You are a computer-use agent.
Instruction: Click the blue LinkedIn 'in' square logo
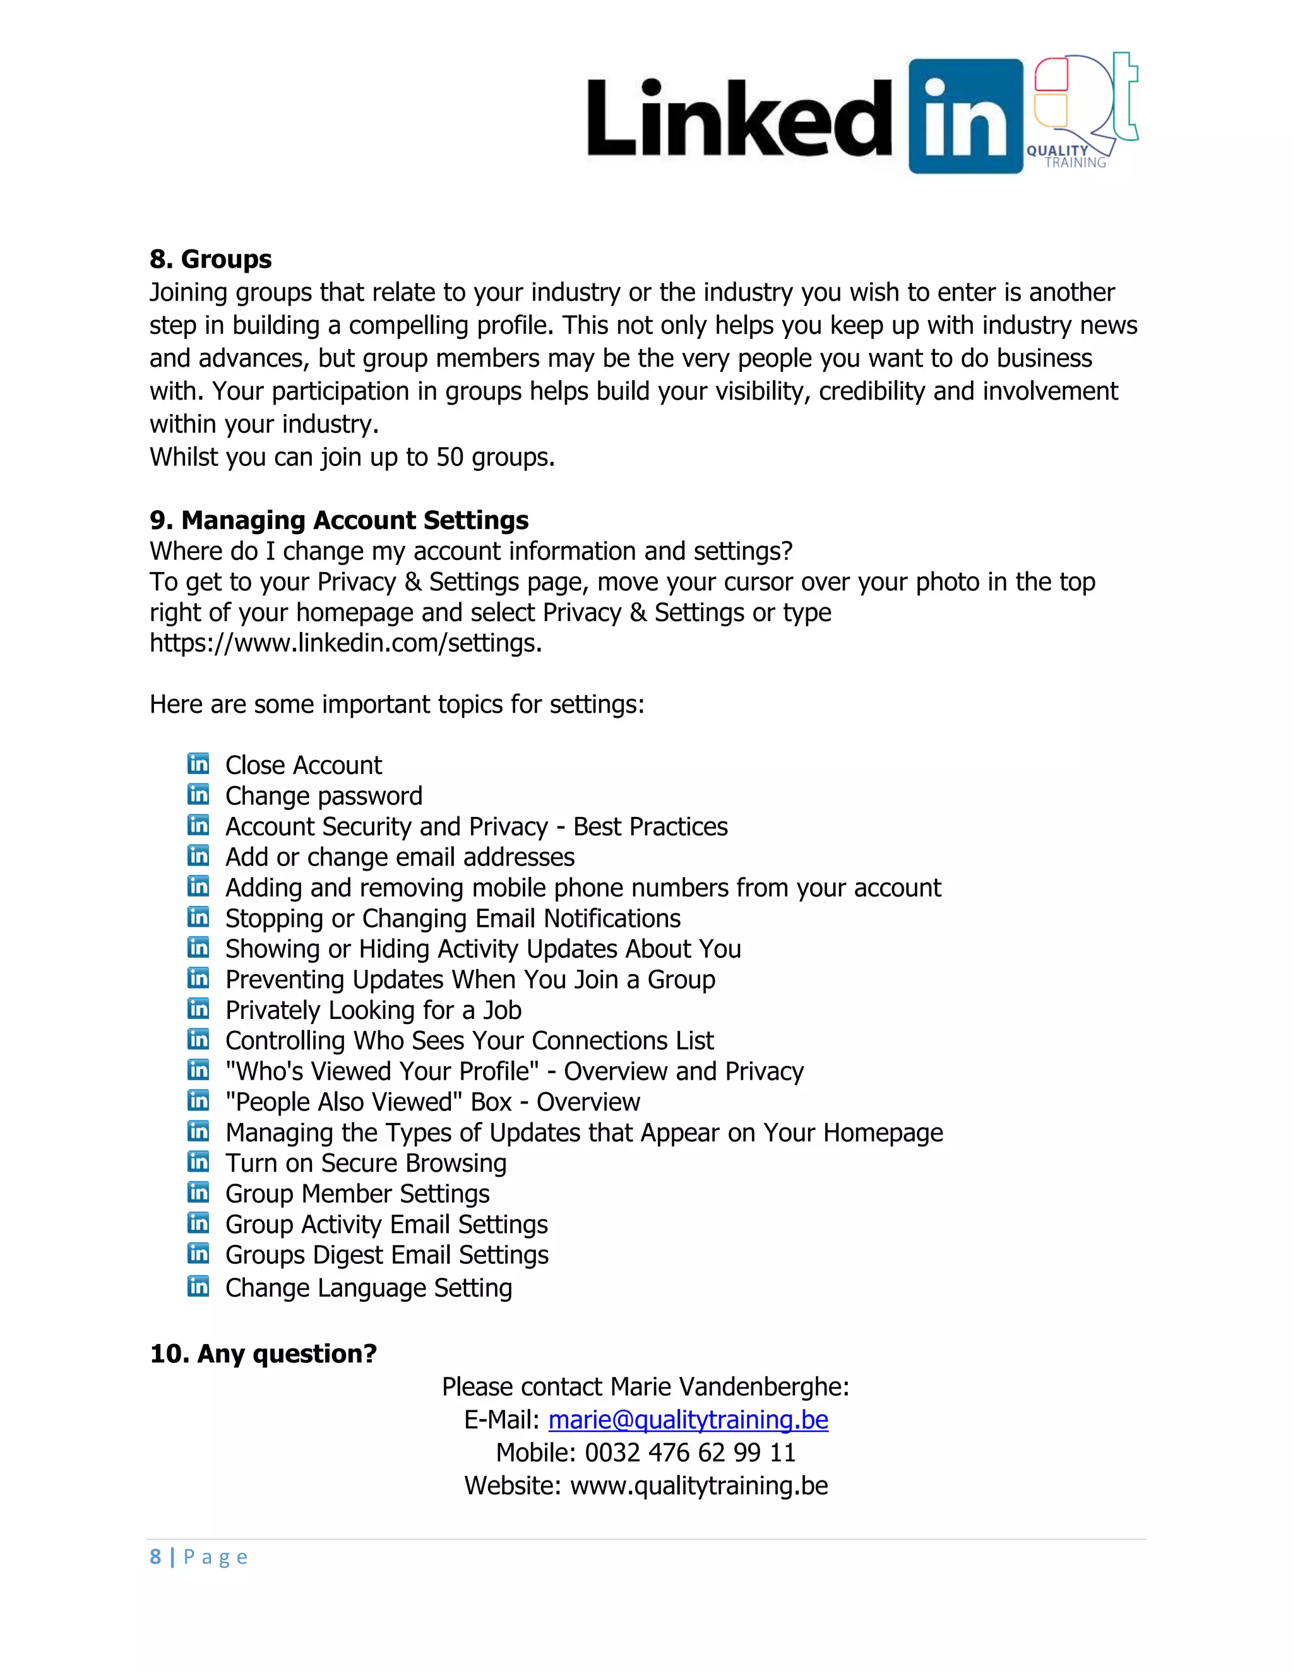coord(965,116)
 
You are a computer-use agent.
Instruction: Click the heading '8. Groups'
coord(211,259)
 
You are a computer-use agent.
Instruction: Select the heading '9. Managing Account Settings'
coord(338,520)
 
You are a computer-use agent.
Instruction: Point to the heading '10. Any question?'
coord(263,1354)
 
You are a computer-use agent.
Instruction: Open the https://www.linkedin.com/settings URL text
coord(345,643)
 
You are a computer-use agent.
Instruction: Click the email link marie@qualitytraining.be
coord(688,1419)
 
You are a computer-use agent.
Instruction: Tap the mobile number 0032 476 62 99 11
coord(690,1453)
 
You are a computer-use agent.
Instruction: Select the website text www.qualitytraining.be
coord(699,1485)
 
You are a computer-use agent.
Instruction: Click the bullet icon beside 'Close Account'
coord(198,764)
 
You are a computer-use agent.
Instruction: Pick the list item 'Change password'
coord(323,796)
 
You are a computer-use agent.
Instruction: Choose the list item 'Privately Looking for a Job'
coord(373,1010)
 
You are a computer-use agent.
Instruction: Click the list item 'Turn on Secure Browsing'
coord(366,1163)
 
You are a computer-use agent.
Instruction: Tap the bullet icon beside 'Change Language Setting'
coord(198,1286)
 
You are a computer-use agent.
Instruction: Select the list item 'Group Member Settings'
coord(357,1193)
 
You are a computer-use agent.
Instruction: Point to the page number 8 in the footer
coord(155,1557)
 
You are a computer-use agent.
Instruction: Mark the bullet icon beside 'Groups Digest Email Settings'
coord(198,1253)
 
